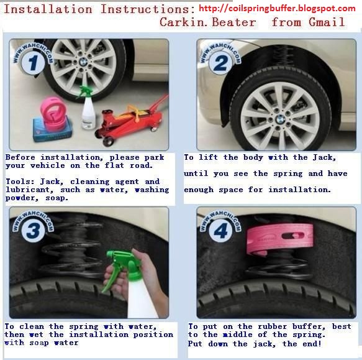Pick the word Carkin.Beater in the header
pyautogui.click(x=207, y=22)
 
